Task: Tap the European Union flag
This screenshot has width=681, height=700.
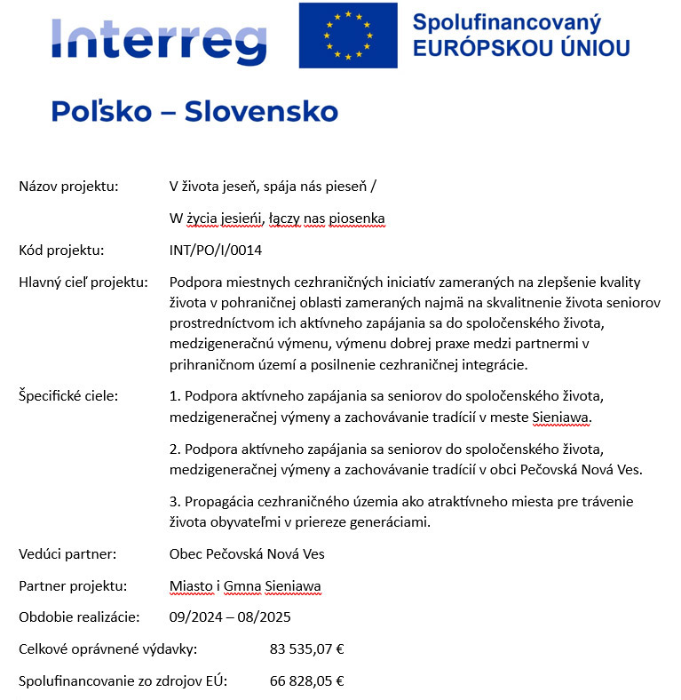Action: (x=347, y=35)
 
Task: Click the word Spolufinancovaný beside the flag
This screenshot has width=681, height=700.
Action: (x=507, y=21)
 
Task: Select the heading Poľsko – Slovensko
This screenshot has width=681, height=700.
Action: (x=194, y=112)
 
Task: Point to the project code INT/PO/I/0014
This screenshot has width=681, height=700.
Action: (x=216, y=251)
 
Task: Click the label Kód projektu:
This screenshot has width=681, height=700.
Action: (x=62, y=251)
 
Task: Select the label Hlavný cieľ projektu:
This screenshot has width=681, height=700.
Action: (x=83, y=282)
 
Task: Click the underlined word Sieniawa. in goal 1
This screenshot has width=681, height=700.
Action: (x=561, y=416)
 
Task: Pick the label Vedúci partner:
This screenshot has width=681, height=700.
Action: (x=67, y=554)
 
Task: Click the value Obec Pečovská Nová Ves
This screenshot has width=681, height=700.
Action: (x=247, y=554)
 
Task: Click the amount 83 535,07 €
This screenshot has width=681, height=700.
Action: (x=306, y=649)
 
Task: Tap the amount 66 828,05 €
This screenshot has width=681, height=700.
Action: (x=306, y=681)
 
